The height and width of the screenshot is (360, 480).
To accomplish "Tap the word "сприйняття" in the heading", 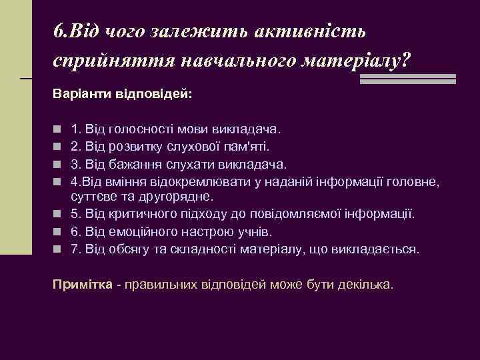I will click(112, 61).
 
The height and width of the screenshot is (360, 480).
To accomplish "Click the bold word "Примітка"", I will click(83, 285).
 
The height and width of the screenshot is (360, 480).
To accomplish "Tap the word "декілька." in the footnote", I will click(367, 285).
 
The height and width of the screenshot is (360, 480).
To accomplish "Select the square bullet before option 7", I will click(58, 250).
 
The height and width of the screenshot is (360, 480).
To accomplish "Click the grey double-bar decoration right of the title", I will click(407, 78).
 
